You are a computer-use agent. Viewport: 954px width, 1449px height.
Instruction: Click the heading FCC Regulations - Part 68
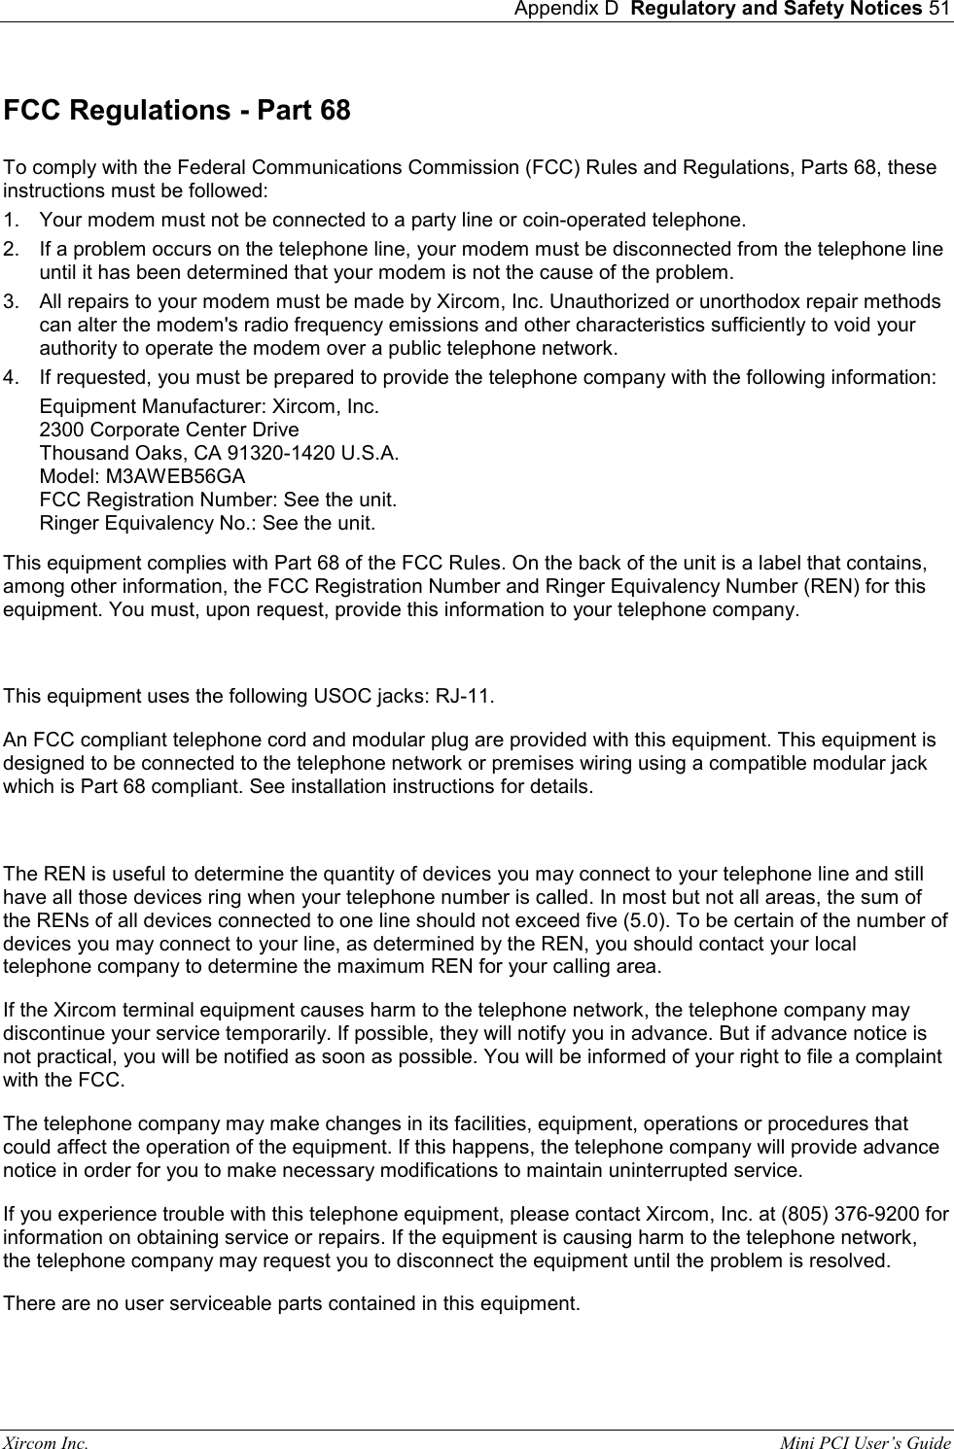(177, 111)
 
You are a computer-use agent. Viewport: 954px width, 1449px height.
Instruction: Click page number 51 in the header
(939, 10)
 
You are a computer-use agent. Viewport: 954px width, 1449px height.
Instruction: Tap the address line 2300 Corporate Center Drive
(169, 430)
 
